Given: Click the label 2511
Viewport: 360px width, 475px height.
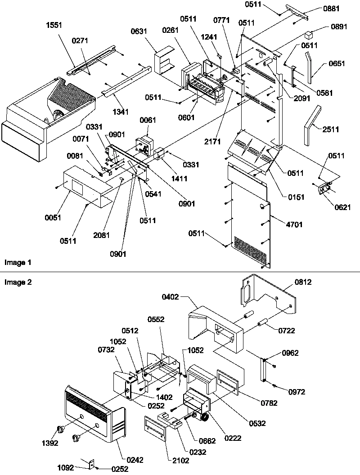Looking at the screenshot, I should pyautogui.click(x=331, y=130).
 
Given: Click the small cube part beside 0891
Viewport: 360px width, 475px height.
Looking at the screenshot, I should pyautogui.click(x=309, y=34).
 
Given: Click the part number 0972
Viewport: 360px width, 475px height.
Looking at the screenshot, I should pyautogui.click(x=297, y=392).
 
